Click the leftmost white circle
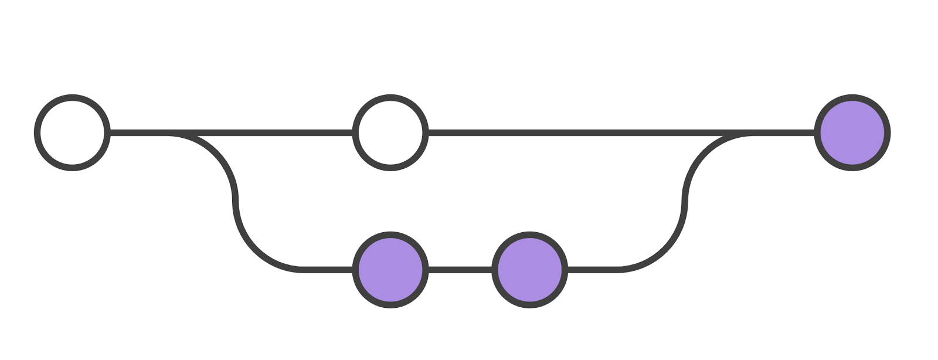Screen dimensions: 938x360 72,133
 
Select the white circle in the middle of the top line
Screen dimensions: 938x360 390,133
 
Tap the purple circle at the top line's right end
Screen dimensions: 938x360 852,133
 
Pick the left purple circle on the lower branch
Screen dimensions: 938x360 390,270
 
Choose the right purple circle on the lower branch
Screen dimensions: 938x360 529,270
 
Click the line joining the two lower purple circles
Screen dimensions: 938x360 460,270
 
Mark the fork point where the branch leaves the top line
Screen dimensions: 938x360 176,134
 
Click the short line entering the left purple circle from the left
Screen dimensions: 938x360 328,270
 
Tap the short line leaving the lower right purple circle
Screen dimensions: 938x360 592,270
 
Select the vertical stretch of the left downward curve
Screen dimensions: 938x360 235,202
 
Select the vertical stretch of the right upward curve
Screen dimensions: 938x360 685,202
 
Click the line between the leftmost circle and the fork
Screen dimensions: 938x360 138,133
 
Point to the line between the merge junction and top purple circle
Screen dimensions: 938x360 783,133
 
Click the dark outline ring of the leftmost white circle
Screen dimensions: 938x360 38,133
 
